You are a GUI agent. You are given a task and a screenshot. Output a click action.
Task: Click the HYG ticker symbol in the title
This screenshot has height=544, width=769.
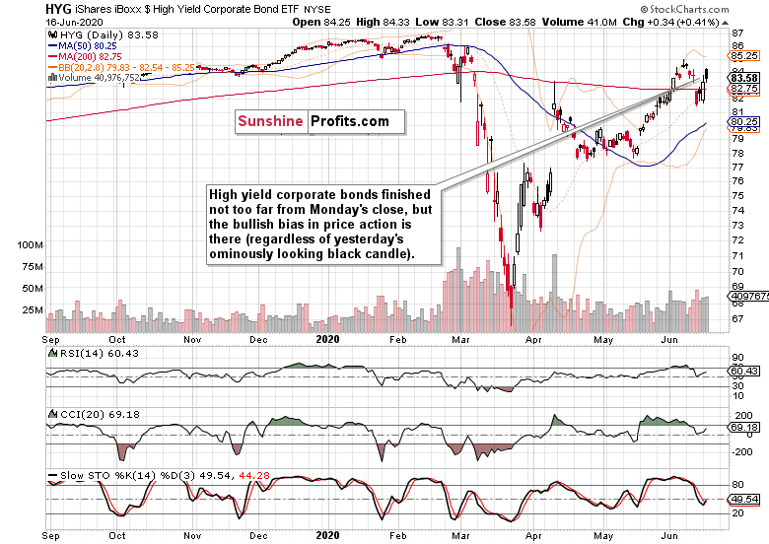pyautogui.click(x=19, y=8)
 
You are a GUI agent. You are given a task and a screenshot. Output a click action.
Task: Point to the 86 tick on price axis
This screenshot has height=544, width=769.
pyautogui.click(x=736, y=46)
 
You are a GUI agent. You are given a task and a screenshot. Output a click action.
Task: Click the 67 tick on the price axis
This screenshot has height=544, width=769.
pyautogui.click(x=736, y=317)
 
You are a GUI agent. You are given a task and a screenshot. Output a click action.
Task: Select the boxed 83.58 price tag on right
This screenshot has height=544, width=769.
pyautogui.click(x=742, y=78)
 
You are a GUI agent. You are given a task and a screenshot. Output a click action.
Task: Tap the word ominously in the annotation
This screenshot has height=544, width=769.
pyautogui.click(x=245, y=253)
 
